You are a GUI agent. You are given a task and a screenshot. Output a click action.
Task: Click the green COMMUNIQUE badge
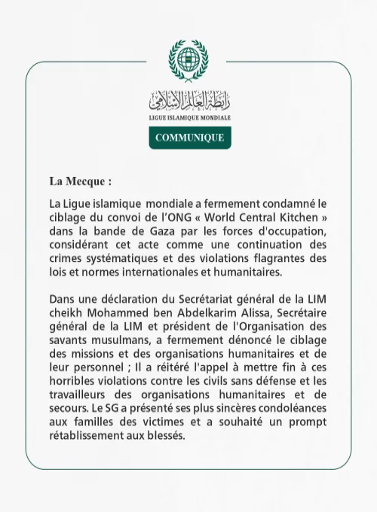189,138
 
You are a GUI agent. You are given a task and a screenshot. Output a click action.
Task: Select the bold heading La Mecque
81,181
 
